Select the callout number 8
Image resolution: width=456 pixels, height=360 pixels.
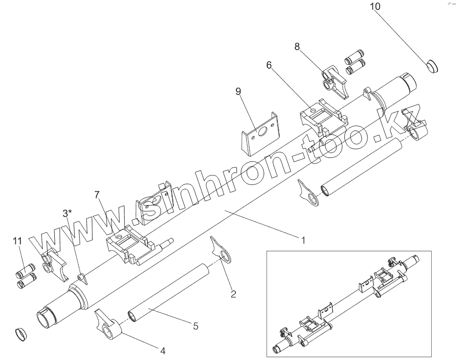(x=297, y=46)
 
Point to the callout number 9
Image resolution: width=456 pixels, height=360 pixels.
(x=239, y=90)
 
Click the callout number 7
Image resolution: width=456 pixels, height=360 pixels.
(x=97, y=195)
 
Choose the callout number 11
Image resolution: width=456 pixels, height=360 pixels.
(x=18, y=242)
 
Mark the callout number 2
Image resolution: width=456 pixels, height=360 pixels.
(x=233, y=294)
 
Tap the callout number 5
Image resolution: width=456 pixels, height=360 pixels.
(x=196, y=326)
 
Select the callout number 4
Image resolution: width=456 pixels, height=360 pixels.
(x=162, y=351)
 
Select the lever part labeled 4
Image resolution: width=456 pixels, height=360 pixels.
(x=109, y=325)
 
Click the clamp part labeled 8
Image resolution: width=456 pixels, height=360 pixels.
(x=336, y=81)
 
